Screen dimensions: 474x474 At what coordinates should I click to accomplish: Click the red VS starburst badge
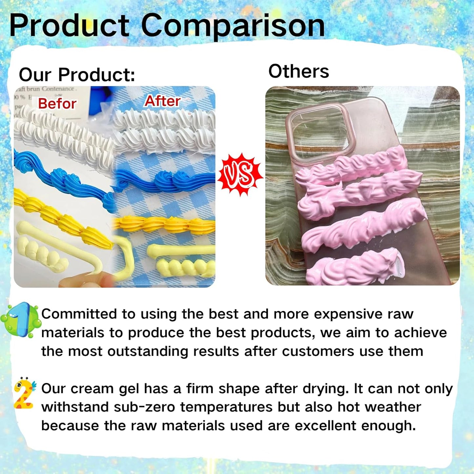coord(240,175)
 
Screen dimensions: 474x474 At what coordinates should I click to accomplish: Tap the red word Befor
coord(57,104)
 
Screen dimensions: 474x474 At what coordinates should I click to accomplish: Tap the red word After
coord(162,101)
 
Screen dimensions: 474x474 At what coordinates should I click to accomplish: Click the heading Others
coord(299,71)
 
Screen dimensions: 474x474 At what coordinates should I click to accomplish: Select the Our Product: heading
coord(77,74)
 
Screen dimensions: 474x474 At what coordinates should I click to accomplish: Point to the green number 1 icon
coord(21,320)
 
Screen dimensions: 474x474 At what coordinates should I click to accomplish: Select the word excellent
coord(325,426)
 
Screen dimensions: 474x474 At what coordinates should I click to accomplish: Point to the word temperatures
coord(226,407)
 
